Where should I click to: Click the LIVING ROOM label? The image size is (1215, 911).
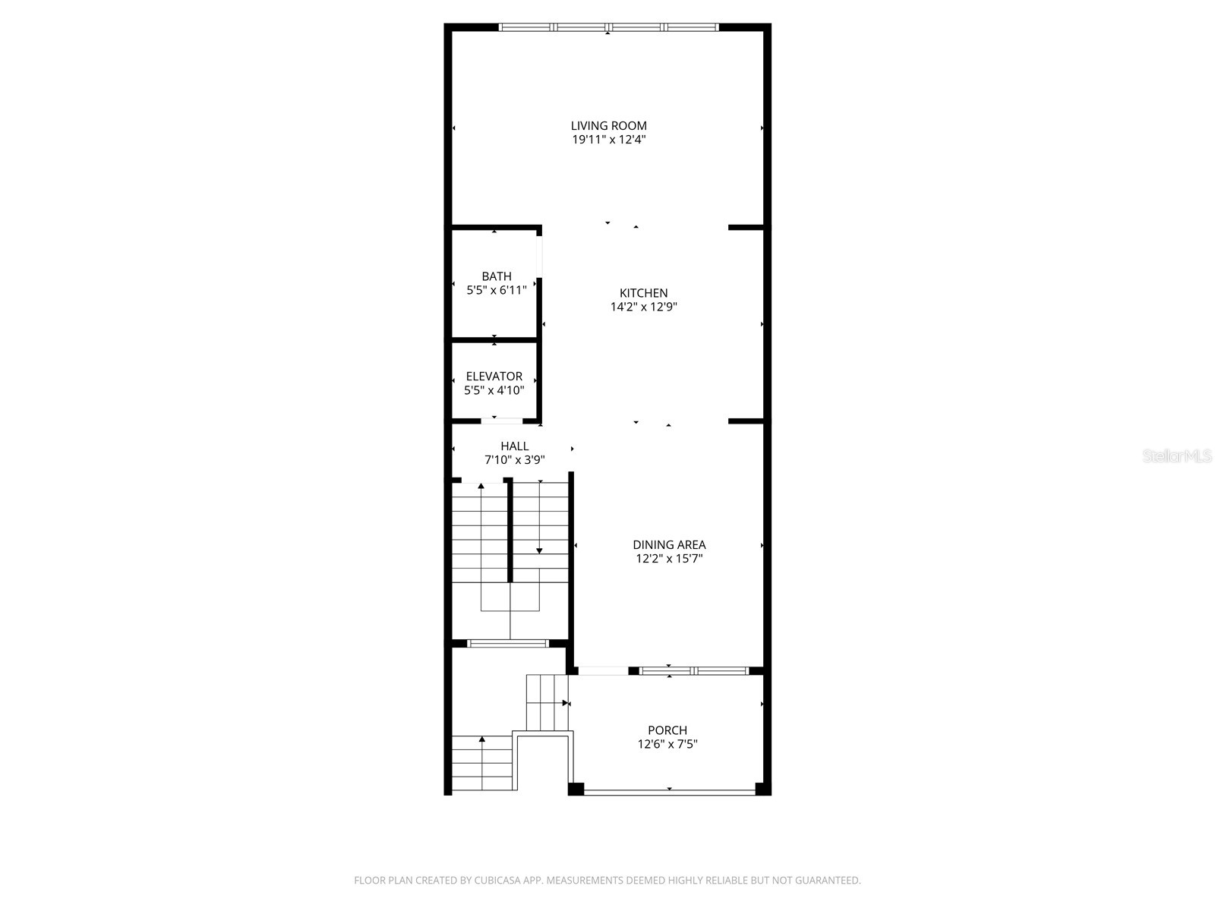coord(608,126)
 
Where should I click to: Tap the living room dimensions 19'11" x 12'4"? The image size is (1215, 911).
coord(608,140)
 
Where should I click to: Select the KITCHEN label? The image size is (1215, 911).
coord(643,293)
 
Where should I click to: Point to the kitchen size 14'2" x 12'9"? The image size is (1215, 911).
coord(643,307)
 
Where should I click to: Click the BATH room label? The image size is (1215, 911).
coord(496,276)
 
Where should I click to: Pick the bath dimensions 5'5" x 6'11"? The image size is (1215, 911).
coord(496,290)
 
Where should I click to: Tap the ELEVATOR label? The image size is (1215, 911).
coord(494,377)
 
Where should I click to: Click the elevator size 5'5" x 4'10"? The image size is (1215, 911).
coord(494,390)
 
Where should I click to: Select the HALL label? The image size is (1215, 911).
coord(514,446)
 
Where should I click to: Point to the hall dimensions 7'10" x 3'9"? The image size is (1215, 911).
coord(514,460)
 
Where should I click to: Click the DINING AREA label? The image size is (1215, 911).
coord(669,545)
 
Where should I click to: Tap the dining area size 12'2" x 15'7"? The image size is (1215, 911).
coord(669,559)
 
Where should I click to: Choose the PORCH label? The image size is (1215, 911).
coord(667,730)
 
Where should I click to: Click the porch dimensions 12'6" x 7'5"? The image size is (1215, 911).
coord(667,745)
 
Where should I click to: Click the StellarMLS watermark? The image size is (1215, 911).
coord(1177,456)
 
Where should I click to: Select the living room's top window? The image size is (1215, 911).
coord(608,27)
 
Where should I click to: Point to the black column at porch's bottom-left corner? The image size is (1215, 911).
coord(576,789)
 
